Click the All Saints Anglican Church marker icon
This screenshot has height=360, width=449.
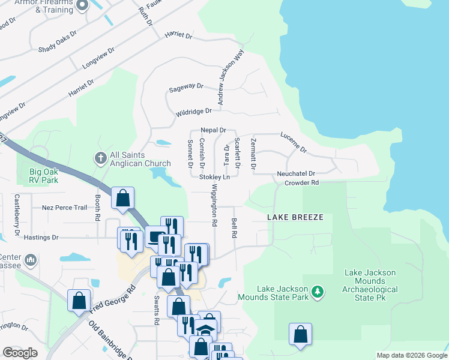pyautogui.click(x=100, y=158)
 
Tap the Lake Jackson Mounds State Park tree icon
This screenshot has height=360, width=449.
pyautogui.click(x=317, y=293)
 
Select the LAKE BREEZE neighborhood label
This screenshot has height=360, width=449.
pyautogui.click(x=295, y=217)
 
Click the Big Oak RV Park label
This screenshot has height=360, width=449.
pyautogui.click(x=52, y=175)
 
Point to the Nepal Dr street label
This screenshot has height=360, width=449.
pyautogui.click(x=213, y=130)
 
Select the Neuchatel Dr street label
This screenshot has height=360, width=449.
pyautogui.click(x=305, y=173)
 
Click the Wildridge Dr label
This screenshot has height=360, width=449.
pyautogui.click(x=194, y=112)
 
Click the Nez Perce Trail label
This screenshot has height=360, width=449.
pyautogui.click(x=65, y=208)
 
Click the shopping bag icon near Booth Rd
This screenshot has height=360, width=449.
pyautogui.click(x=122, y=198)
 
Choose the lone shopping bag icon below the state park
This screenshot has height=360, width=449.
pyautogui.click(x=300, y=334)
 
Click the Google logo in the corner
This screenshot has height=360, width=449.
pyautogui.click(x=20, y=353)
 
